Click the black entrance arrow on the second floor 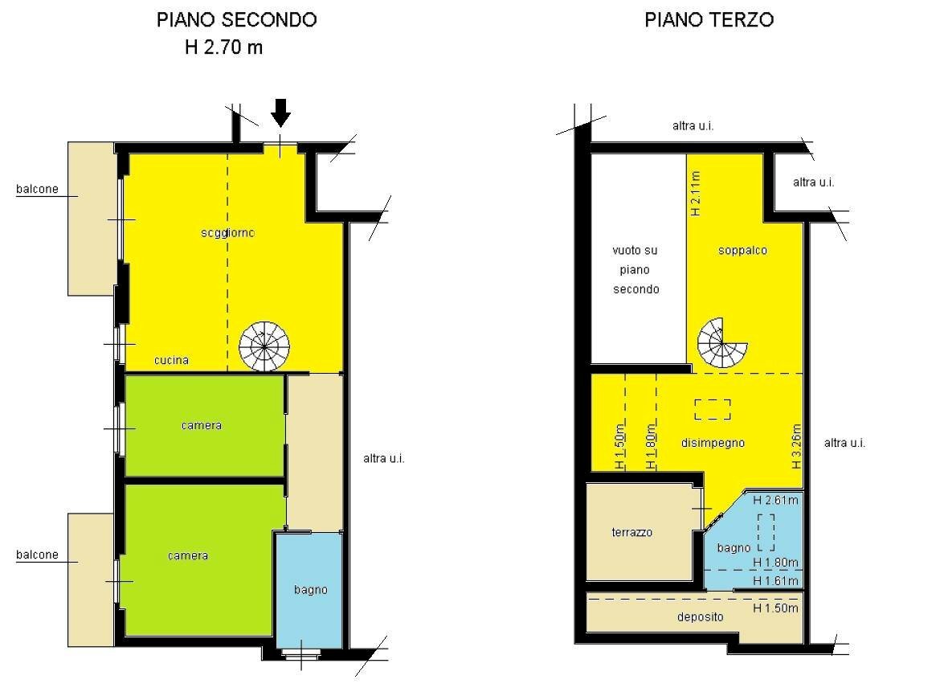click(x=280, y=113)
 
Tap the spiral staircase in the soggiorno click(x=264, y=346)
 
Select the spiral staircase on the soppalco click(x=721, y=342)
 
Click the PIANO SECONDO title click(x=236, y=20)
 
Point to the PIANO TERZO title click(x=709, y=20)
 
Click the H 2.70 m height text click(x=223, y=47)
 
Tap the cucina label click(x=171, y=361)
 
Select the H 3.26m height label click(x=796, y=446)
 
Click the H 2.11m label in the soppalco click(x=696, y=193)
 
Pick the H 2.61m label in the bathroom click(x=775, y=500)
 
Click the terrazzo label click(x=631, y=532)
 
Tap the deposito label click(x=699, y=617)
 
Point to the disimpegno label click(x=712, y=443)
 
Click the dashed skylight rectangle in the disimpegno click(x=713, y=409)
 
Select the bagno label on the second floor click(x=310, y=590)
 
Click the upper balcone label click(x=37, y=190)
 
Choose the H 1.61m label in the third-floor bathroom click(x=775, y=580)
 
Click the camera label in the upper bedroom click(x=201, y=425)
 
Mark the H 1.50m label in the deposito click(x=775, y=608)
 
